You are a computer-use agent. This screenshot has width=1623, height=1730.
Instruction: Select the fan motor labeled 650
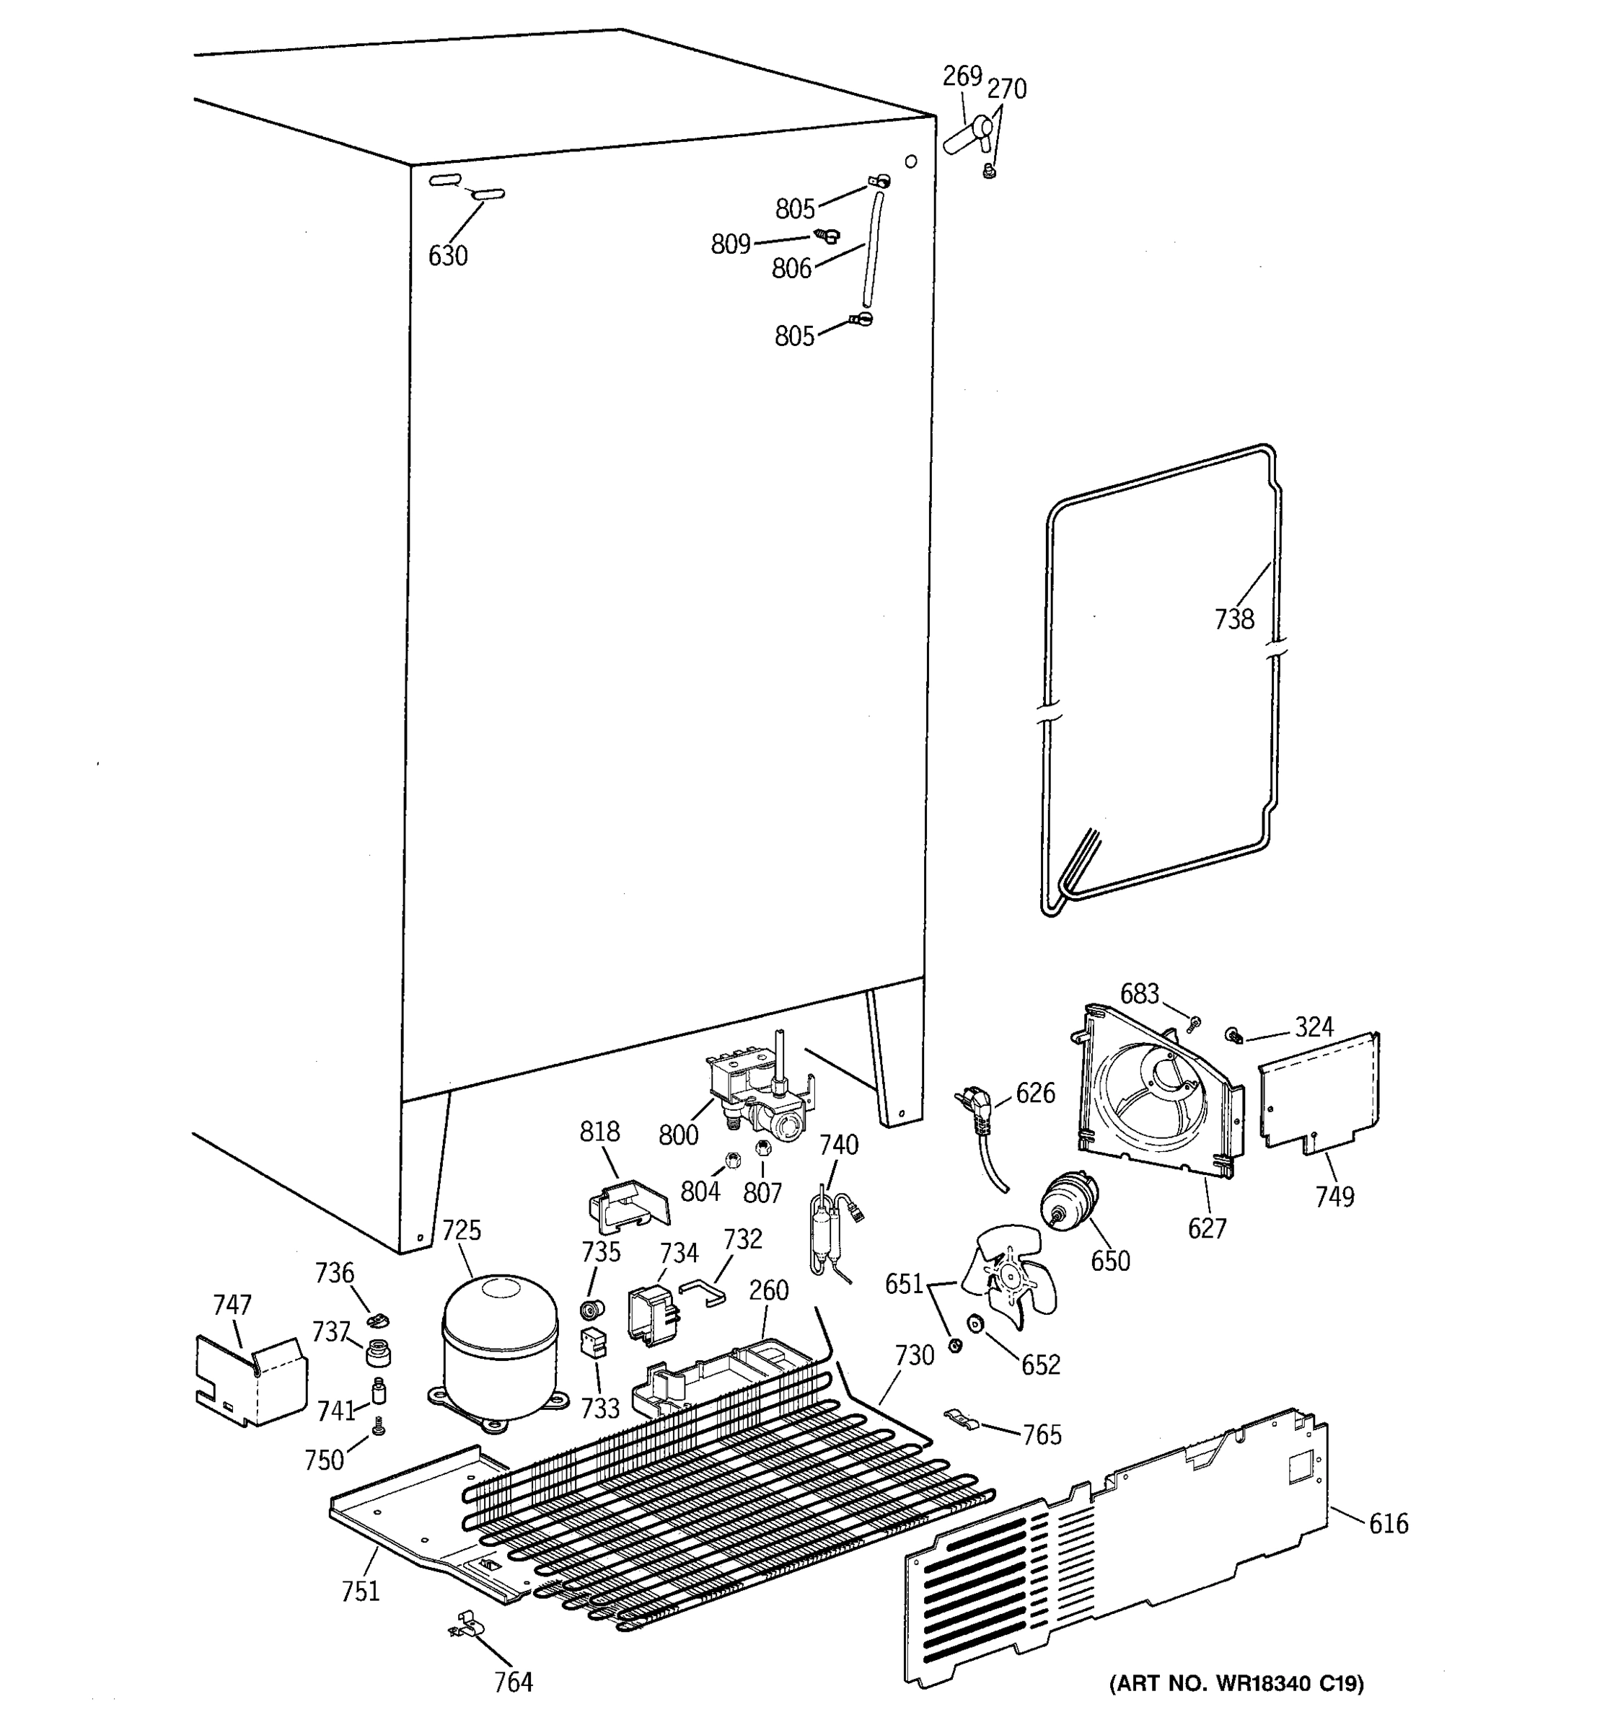coord(1068,1202)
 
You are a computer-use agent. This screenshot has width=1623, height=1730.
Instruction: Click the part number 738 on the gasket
coord(1233,618)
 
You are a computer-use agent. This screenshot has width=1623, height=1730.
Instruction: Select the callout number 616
coord(1388,1523)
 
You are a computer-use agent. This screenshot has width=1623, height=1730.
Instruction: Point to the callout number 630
coord(447,256)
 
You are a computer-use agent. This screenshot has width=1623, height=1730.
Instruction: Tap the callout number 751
coord(361,1591)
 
